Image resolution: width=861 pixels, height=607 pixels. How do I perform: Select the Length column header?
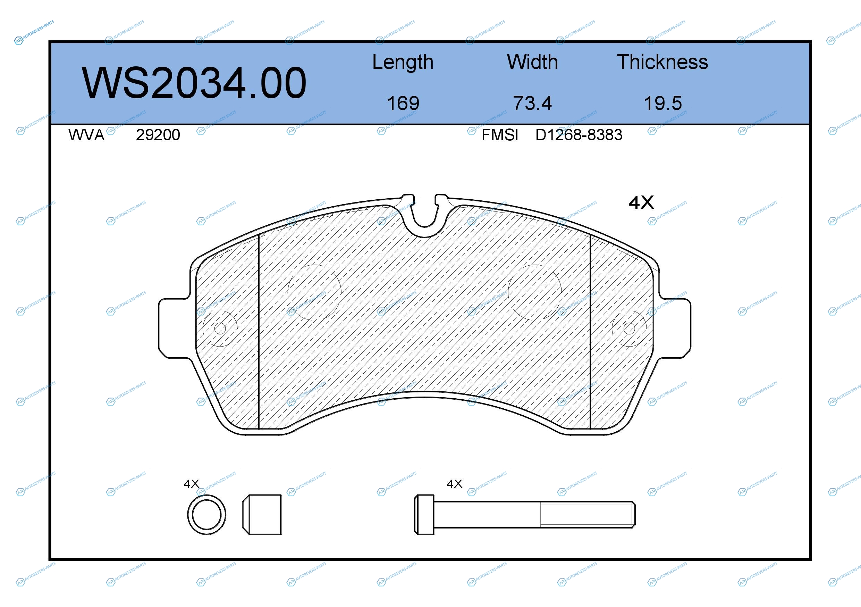click(x=403, y=62)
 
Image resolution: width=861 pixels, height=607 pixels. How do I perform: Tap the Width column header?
click(x=532, y=62)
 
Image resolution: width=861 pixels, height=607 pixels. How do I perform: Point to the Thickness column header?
click(x=662, y=62)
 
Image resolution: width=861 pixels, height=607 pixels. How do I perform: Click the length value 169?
click(x=403, y=103)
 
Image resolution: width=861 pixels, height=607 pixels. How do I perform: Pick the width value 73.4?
click(x=532, y=103)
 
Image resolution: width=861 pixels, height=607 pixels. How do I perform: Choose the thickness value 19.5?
click(x=662, y=103)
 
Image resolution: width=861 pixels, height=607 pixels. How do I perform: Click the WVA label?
click(x=86, y=135)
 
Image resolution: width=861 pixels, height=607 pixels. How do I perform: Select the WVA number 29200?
click(x=158, y=135)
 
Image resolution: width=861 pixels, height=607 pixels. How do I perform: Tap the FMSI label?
click(x=500, y=135)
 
